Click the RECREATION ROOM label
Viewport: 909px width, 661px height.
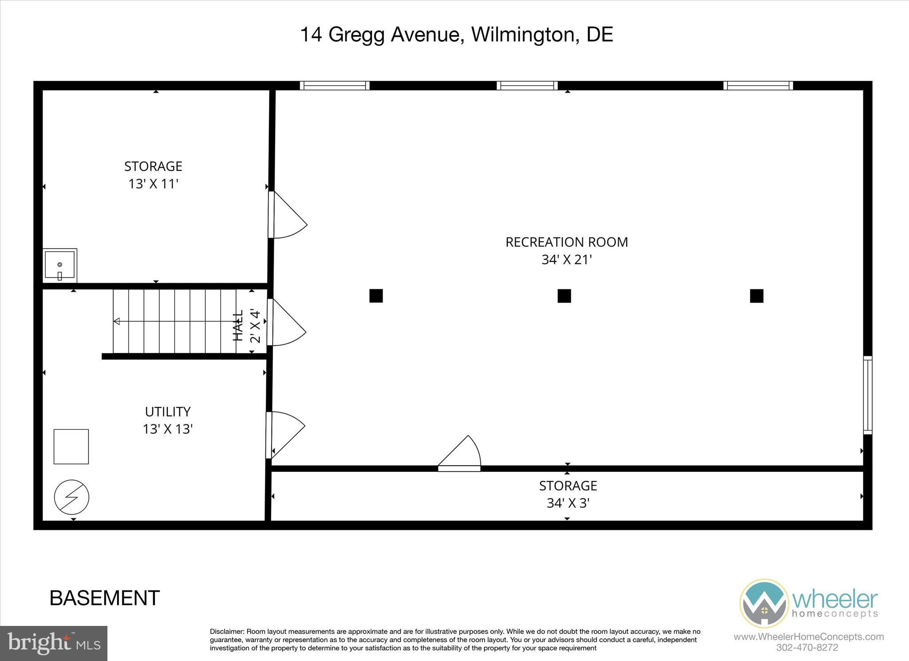point(567,242)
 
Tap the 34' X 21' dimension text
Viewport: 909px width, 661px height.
point(567,260)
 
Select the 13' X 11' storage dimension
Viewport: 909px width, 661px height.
point(153,184)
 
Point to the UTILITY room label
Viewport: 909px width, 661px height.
point(168,412)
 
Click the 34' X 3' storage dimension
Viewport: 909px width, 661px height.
point(568,503)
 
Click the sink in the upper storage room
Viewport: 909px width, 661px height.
point(60,265)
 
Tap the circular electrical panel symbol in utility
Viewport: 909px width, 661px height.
point(71,497)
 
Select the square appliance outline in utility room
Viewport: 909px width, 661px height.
point(71,447)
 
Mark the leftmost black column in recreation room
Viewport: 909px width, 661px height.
point(376,296)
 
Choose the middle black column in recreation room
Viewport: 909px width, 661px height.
point(564,296)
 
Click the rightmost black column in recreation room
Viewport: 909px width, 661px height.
point(757,296)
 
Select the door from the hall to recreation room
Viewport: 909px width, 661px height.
point(286,323)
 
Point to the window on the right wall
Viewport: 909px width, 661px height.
point(867,395)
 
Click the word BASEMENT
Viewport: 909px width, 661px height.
point(105,598)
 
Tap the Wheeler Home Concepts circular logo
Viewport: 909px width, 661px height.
point(763,602)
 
